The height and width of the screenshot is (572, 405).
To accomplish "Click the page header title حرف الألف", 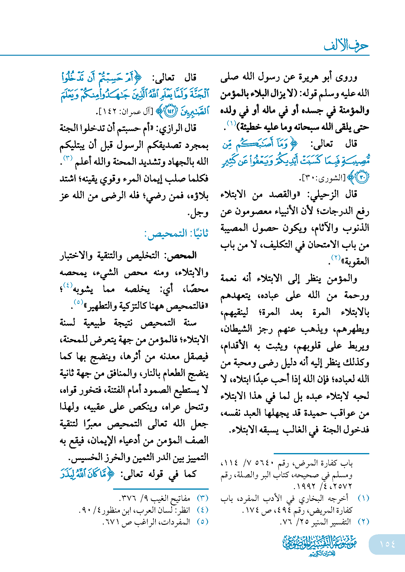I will pyautogui.click(x=346, y=46).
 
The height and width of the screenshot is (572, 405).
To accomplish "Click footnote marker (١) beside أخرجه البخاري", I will pyautogui.click(x=363, y=498).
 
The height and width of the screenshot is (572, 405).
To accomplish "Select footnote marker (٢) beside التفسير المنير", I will pyautogui.click(x=363, y=521).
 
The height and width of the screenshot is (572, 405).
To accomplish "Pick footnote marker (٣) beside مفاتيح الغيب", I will pyautogui.click(x=202, y=498).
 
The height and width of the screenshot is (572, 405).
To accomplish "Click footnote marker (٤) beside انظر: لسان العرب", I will pyautogui.click(x=202, y=510).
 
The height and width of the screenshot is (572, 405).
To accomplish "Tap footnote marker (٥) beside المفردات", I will pyautogui.click(x=202, y=521).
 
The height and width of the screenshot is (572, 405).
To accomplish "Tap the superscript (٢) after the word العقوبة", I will pyautogui.click(x=336, y=258).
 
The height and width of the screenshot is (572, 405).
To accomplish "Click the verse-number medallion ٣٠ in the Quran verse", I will pyautogui.click(x=362, y=177).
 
